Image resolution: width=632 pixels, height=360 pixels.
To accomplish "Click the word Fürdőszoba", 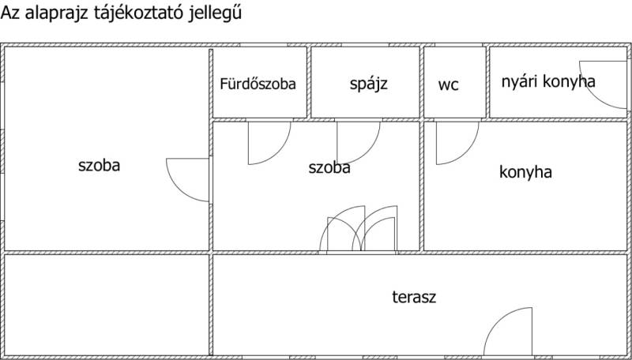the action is pos(258,84).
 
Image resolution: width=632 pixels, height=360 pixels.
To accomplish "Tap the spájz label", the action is pos(368,84).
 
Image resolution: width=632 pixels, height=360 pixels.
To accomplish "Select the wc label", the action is pos(448,85).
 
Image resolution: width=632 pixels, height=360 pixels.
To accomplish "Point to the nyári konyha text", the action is pos(548,82).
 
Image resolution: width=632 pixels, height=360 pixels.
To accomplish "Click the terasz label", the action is pos(414,297).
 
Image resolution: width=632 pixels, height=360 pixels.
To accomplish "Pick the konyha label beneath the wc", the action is pos(525,172).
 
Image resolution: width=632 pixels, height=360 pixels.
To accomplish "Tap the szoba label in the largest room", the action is pos(100,166).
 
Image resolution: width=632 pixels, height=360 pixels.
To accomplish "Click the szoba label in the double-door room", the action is pos(329,167).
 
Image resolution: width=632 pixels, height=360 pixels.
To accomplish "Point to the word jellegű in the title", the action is pos(215,13).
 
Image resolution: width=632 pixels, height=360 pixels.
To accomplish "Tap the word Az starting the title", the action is pos(11,13).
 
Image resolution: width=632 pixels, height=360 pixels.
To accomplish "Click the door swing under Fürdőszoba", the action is pos(269,143).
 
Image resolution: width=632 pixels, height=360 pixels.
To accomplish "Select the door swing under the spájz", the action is pos(359,143).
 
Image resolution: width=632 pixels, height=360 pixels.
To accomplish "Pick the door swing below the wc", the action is pos(457,143).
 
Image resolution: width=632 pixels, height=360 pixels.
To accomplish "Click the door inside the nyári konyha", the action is pos(604,84).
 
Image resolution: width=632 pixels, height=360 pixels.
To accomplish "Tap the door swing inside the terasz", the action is pos(508,332).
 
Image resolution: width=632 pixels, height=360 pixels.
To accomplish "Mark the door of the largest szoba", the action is pos(187,179).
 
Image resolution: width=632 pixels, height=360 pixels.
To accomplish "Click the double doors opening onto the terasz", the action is pos(359,229).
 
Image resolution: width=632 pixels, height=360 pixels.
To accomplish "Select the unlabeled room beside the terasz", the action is pos(107,305).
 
